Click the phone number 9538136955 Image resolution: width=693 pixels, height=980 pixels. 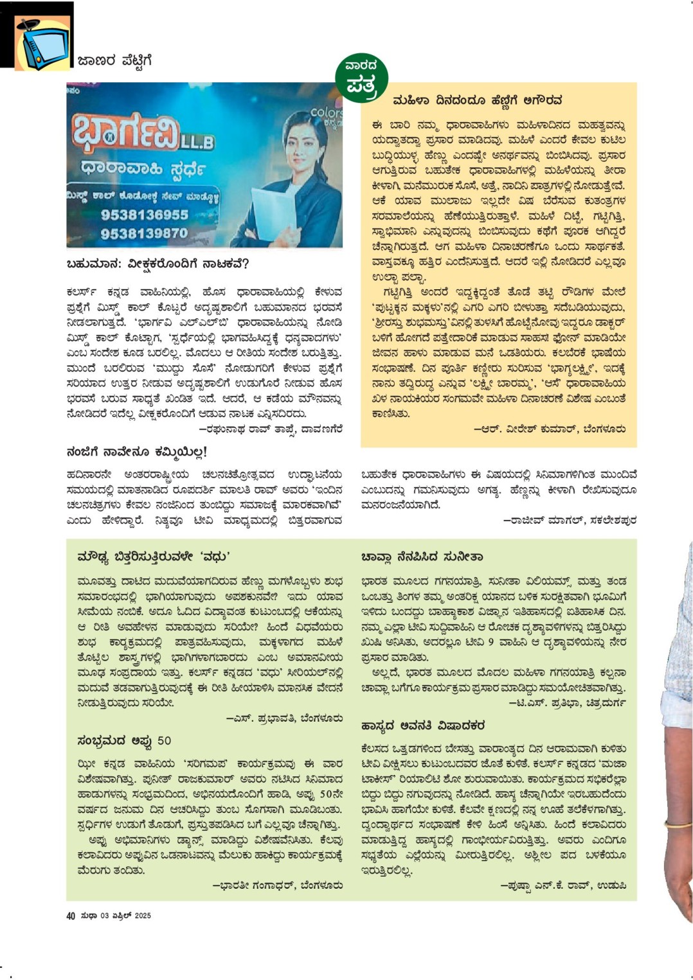click(x=144, y=215)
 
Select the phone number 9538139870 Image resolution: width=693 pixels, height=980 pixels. click(x=144, y=233)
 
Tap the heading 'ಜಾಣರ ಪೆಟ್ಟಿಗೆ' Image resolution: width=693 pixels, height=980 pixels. click(x=114, y=61)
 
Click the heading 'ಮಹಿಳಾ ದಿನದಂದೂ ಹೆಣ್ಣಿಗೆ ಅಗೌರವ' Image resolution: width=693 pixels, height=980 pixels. click(x=477, y=100)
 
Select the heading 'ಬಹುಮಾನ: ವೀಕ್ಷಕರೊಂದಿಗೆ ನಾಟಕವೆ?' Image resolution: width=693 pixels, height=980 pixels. click(x=157, y=264)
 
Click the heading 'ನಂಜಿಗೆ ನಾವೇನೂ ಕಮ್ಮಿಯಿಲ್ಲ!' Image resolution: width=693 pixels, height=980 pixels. click(x=136, y=452)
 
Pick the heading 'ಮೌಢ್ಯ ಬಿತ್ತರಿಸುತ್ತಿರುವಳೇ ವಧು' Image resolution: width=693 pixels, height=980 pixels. click(x=153, y=557)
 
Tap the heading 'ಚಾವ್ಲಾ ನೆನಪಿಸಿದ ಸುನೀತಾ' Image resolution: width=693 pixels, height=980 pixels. click(x=422, y=557)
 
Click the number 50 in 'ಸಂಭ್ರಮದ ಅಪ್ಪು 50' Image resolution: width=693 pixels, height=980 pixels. click(x=164, y=741)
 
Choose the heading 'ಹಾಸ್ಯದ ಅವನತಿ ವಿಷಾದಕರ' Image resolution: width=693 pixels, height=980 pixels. click(x=422, y=726)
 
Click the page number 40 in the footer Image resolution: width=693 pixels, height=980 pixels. click(x=71, y=916)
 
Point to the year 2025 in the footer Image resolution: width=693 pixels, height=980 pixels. click(x=142, y=916)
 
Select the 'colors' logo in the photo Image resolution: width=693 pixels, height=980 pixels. click(x=327, y=113)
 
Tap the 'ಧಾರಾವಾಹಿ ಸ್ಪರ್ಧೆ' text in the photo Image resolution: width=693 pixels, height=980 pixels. click(x=143, y=169)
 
